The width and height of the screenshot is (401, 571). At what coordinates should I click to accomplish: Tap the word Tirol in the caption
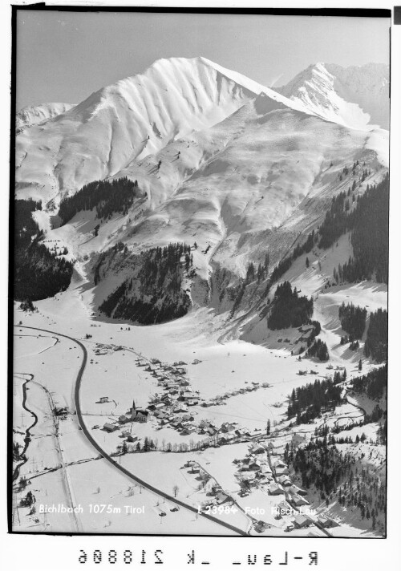click(133, 508)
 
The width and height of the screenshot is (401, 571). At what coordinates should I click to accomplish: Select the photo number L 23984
click(217, 509)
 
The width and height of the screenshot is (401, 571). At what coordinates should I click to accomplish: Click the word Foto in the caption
click(256, 510)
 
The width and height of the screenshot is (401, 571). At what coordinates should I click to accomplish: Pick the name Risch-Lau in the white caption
click(292, 511)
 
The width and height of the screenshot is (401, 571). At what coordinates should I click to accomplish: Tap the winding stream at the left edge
click(27, 417)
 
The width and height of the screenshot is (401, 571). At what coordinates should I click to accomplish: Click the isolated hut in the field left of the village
click(103, 399)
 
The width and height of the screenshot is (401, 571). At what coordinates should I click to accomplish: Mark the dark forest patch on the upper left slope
click(100, 196)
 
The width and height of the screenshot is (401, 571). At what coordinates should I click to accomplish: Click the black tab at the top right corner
click(395, 14)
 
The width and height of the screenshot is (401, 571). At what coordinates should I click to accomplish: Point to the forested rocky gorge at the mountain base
click(148, 285)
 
